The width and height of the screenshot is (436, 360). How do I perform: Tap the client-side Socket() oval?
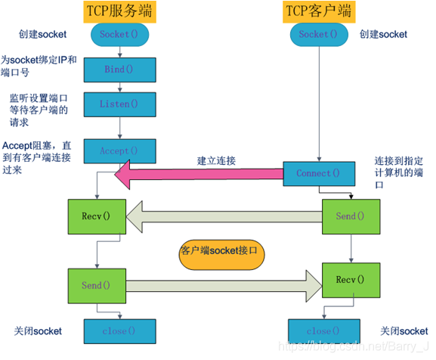point(314,35)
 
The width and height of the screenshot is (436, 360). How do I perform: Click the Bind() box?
point(119,69)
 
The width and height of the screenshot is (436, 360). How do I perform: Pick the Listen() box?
point(119,104)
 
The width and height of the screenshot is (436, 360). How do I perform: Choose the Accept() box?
point(119,151)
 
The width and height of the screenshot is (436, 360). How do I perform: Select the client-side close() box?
point(317,331)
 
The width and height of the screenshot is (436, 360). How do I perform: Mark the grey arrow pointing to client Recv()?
point(219,284)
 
